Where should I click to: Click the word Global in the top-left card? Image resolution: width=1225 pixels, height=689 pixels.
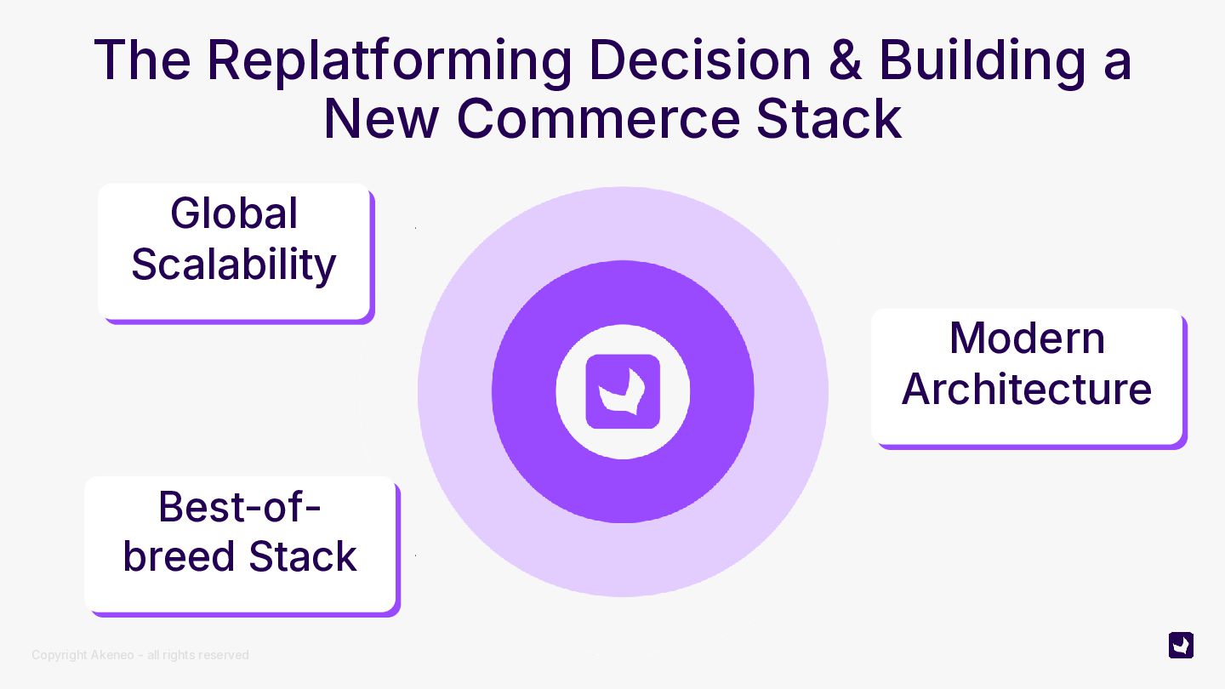[234, 213]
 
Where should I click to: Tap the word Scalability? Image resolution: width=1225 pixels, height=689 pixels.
[234, 264]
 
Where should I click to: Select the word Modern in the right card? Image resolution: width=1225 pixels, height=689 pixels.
[1027, 338]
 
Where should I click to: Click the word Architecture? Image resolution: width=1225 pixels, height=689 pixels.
[1027, 389]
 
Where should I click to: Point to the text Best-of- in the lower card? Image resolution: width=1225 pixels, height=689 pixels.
[240, 507]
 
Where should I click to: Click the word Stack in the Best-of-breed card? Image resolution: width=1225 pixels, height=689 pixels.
[303, 556]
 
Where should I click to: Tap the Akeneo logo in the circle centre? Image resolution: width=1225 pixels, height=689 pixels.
[623, 392]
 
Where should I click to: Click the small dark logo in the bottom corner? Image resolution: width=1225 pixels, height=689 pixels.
[1181, 646]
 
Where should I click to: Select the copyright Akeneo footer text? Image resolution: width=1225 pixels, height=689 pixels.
[140, 655]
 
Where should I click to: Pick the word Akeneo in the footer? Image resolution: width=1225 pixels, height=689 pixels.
[112, 655]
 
